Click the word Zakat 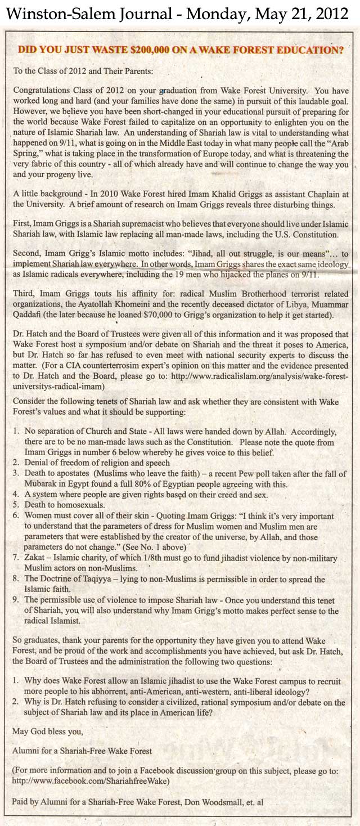[x=35, y=557]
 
